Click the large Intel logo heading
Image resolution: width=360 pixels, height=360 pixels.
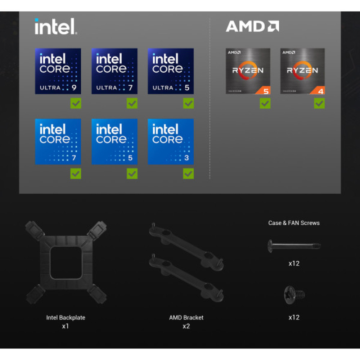pos(56,27)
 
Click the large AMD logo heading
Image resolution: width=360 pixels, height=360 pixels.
pos(252,26)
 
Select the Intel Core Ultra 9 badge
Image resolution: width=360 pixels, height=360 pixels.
pos(58,71)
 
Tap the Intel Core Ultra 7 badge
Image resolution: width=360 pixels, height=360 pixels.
pos(114,71)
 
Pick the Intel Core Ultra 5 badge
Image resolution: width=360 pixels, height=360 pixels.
pos(171,71)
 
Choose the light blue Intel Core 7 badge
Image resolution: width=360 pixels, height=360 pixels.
pos(58,141)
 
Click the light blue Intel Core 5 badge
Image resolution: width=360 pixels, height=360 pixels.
pos(114,141)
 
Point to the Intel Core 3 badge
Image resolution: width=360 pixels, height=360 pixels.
pos(171,141)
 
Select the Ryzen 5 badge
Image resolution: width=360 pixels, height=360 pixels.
pos(248,71)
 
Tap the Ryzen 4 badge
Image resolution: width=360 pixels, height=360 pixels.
pos(302,71)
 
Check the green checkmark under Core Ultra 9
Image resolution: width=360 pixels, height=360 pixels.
pos(76,103)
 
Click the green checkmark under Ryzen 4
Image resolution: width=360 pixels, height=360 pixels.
pos(319,103)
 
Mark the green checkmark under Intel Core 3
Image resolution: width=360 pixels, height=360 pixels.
pos(188,174)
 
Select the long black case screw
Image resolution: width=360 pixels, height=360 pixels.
pos(294,246)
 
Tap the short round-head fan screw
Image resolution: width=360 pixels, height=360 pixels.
pos(294,295)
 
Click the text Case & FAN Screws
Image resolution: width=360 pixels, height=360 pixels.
pos(294,223)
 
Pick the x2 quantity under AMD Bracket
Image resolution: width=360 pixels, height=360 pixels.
pos(186,326)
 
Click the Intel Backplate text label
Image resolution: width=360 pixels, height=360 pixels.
pos(66,318)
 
